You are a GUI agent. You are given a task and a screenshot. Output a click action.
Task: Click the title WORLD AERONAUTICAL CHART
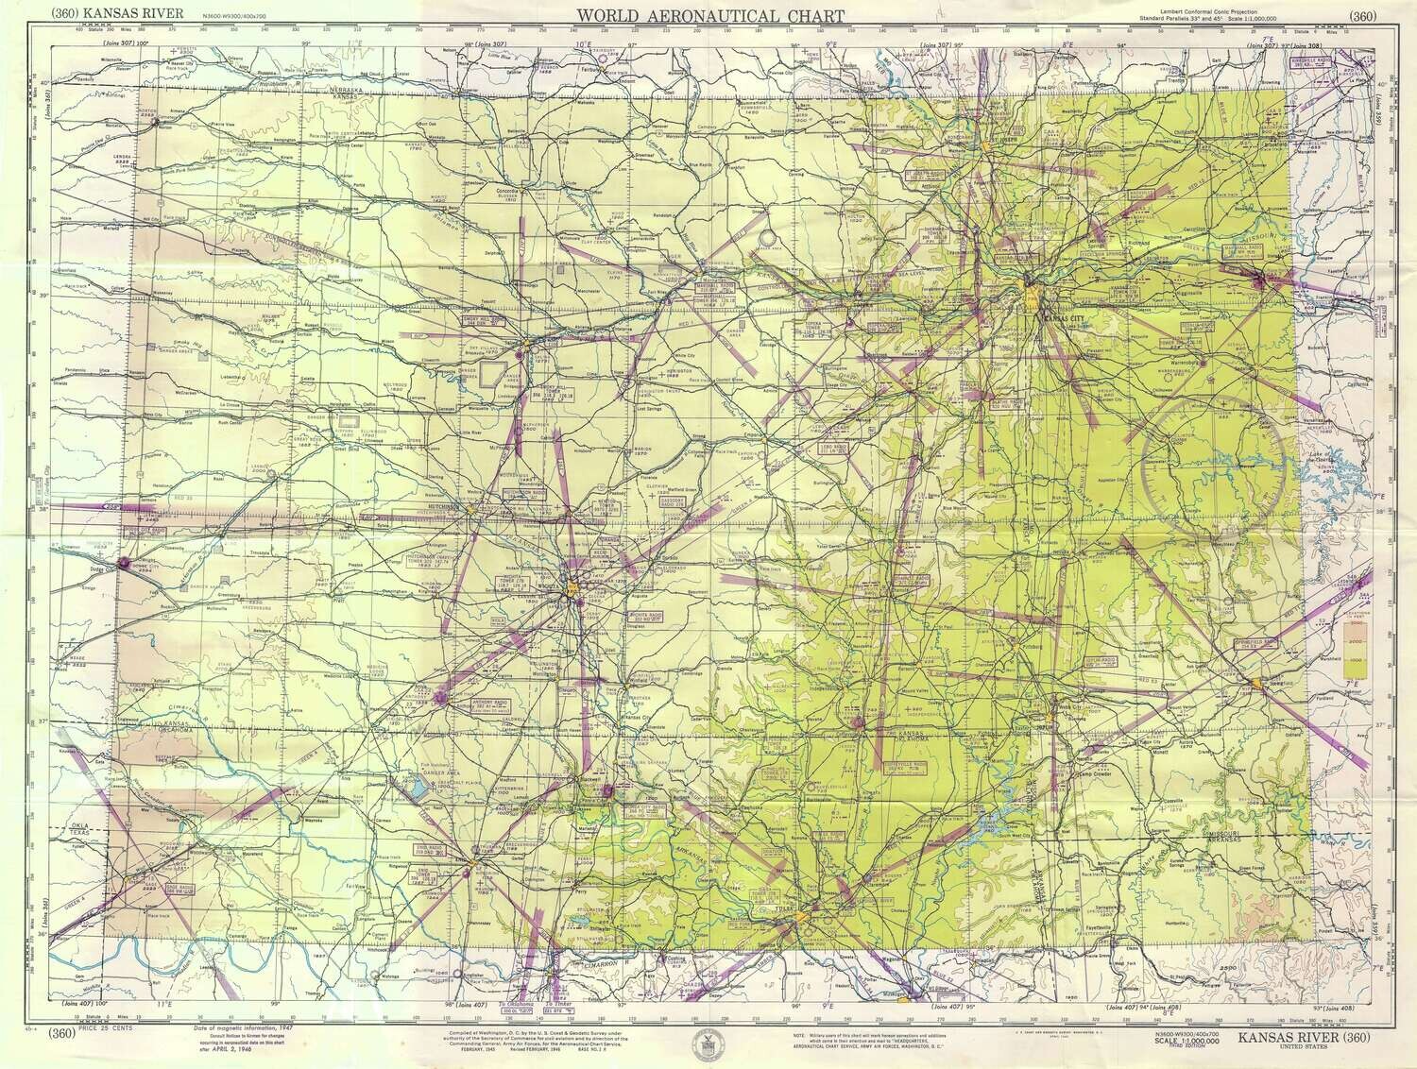709,15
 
